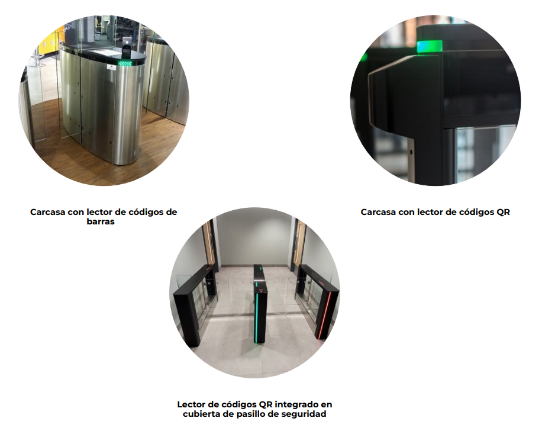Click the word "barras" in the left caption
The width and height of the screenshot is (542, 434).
(x=101, y=221)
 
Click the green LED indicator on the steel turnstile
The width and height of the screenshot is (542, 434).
(x=125, y=63)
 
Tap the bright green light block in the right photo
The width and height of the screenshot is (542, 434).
(x=430, y=46)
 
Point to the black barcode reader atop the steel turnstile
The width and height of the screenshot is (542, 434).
(x=126, y=50)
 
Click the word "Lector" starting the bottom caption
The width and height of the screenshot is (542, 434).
(x=191, y=404)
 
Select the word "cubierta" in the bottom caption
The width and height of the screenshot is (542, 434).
(x=201, y=414)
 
